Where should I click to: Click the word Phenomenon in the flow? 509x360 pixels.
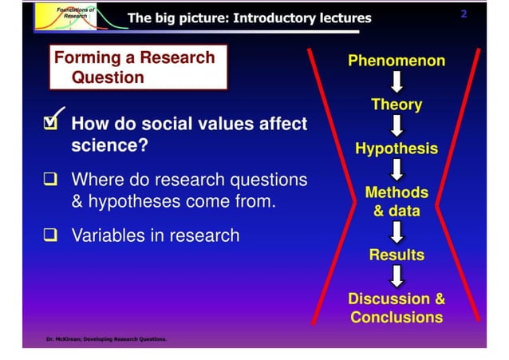coord(397,61)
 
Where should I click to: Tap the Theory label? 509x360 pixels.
coord(397,105)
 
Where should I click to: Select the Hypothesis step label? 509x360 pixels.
coord(397,148)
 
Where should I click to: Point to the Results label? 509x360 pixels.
coord(397,255)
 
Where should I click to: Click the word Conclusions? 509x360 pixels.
coord(397,318)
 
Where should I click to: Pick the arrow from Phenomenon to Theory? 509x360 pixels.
coord(397,82)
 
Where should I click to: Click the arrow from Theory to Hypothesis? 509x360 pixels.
coord(397,126)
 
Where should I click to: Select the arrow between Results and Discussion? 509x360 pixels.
coord(397,276)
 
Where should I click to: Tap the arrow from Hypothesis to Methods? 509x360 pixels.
coord(397,169)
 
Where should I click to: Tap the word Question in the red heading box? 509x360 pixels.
coord(108,77)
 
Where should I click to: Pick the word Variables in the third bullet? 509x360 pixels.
coord(107,235)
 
